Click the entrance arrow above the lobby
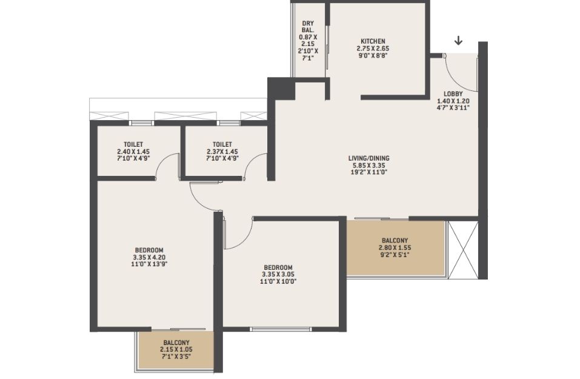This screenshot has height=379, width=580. tap(458, 41)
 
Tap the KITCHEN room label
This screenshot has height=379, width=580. tap(373, 41)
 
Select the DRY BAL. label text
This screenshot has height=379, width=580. tap(308, 27)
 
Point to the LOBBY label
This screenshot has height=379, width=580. tap(453, 94)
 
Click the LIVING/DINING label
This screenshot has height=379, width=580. tap(369, 158)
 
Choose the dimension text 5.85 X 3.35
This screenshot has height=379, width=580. tap(369, 165)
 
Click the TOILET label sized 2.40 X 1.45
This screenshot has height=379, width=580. tap(133, 144)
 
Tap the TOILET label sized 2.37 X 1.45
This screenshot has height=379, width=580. tap(222, 144)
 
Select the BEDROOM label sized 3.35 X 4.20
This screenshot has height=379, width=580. tap(149, 250)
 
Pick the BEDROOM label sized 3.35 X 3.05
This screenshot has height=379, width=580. tap(278, 267)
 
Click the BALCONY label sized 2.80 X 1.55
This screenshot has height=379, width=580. tap(395, 241)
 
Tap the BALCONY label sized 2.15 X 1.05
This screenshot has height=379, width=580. tap(176, 343)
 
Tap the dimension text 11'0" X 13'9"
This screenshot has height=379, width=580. tap(149, 264)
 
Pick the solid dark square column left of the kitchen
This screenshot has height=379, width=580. tap(281, 88)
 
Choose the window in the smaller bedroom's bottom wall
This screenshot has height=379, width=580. tap(281, 329)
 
